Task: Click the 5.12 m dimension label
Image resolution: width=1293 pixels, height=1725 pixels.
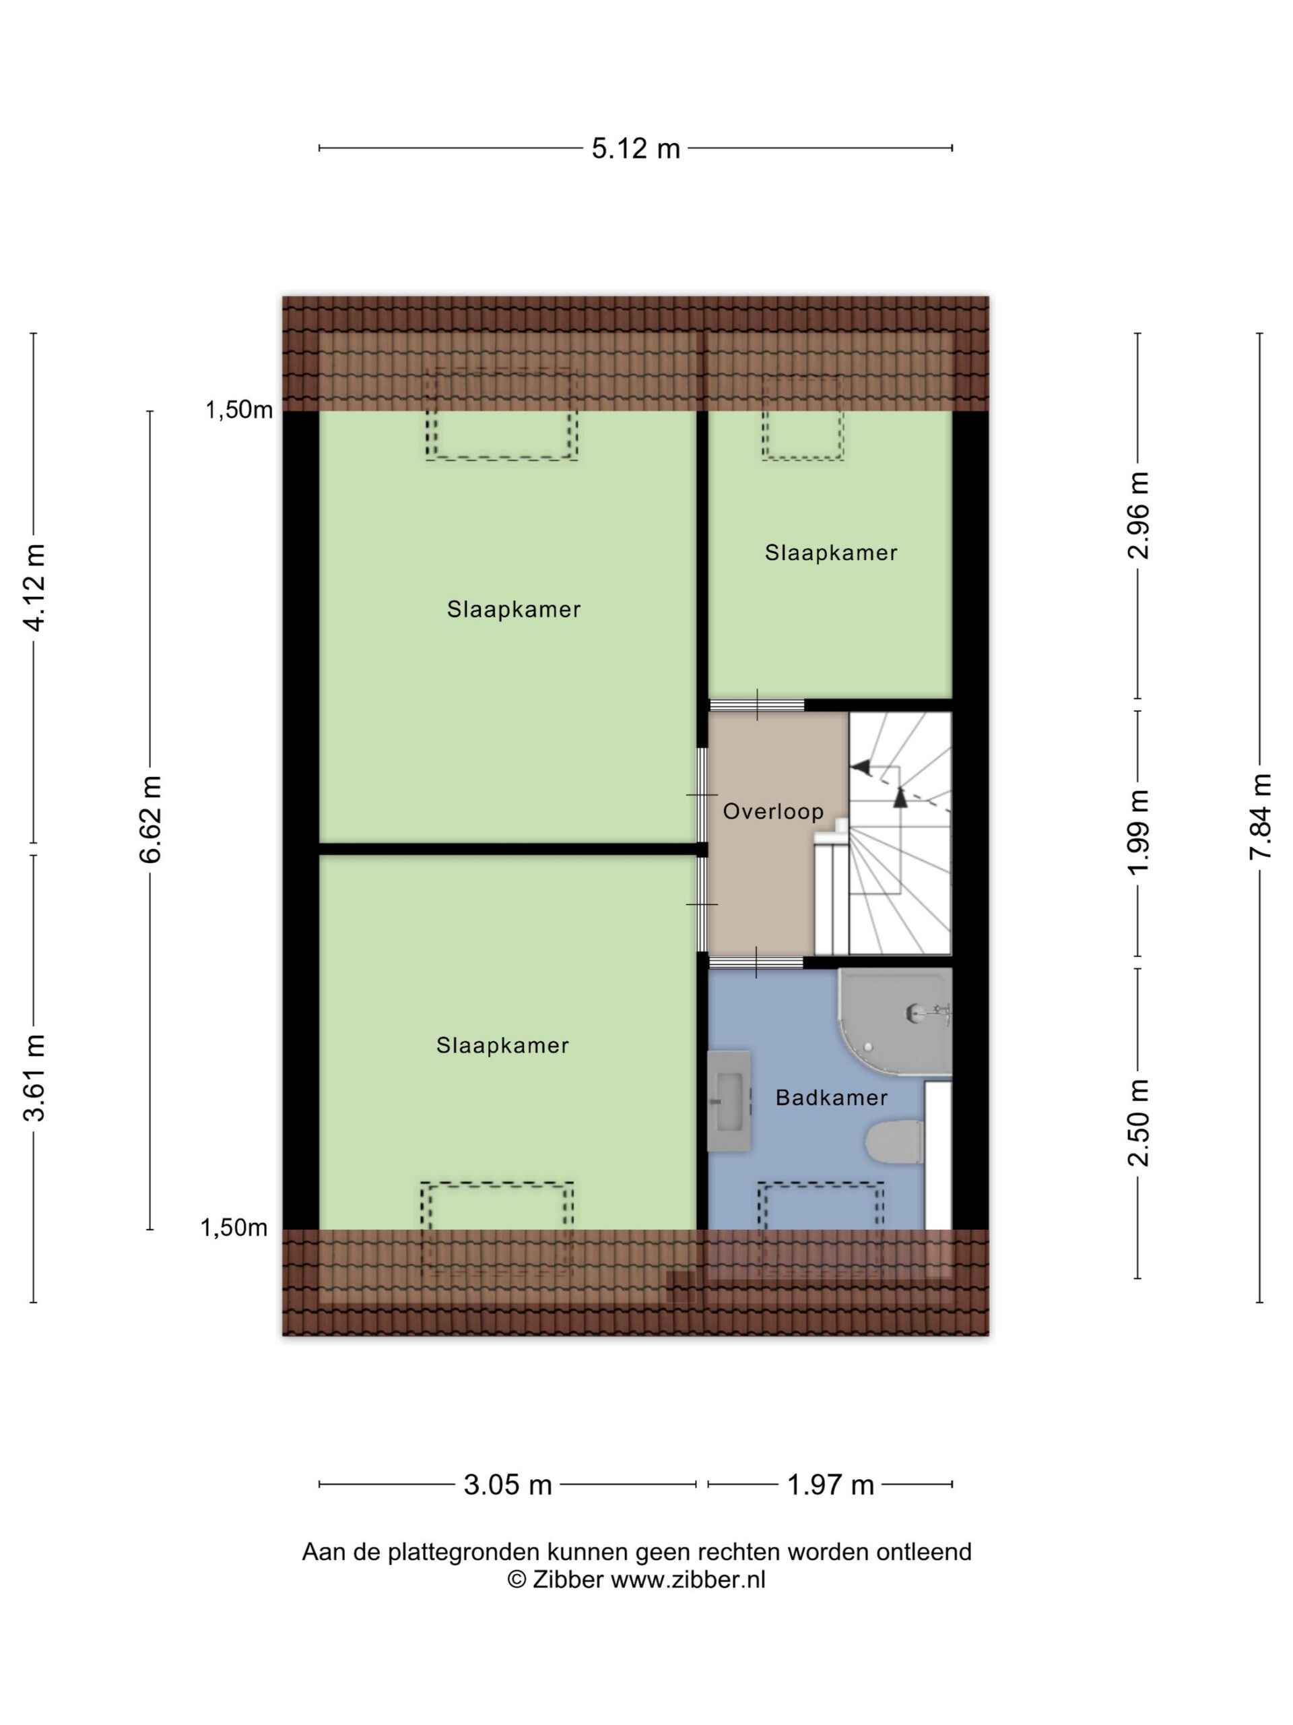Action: (x=635, y=148)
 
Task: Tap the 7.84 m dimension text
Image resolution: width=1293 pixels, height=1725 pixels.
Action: (x=1259, y=817)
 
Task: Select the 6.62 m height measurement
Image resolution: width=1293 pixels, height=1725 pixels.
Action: (x=150, y=819)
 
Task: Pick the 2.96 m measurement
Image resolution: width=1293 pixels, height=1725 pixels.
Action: (x=1139, y=515)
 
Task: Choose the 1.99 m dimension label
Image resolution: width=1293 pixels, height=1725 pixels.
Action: (x=1139, y=833)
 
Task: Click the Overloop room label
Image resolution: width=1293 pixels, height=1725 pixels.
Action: (x=773, y=811)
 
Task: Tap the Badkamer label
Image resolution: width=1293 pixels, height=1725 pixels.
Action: (x=832, y=1098)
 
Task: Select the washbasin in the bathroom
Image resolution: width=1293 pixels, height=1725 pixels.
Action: (x=729, y=1100)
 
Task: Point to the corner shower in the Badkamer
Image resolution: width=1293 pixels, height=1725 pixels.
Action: (x=895, y=1022)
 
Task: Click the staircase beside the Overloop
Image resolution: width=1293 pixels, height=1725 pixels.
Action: (x=900, y=833)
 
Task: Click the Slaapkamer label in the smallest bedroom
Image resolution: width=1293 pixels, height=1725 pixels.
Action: (x=831, y=553)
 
